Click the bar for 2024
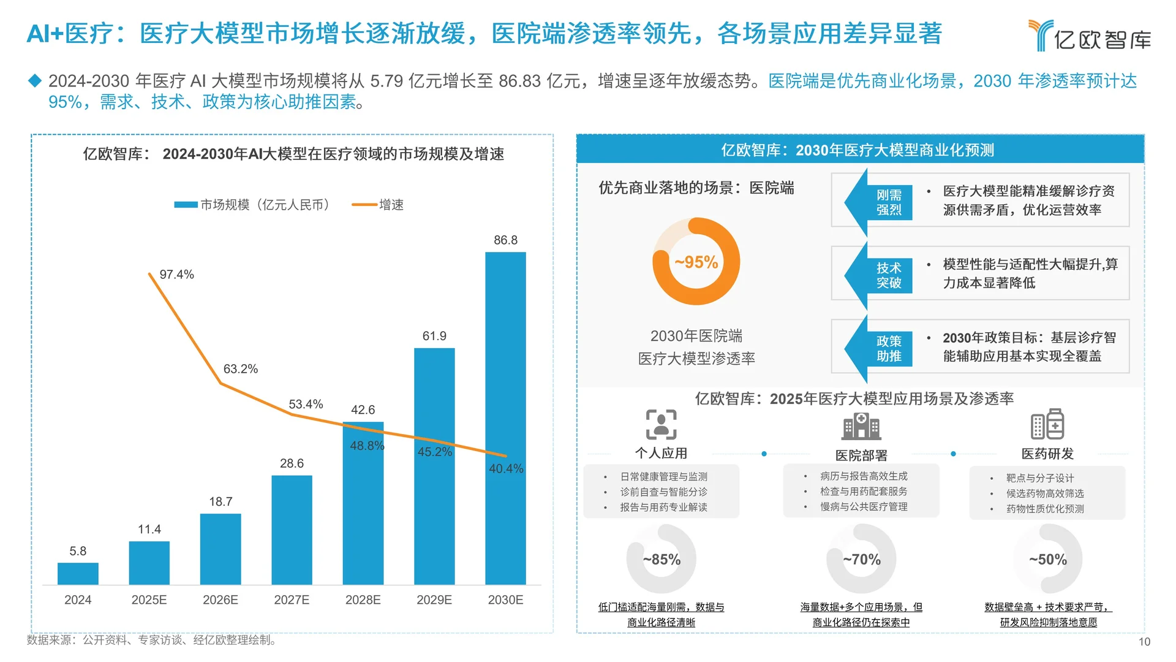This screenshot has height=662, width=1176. point(78,574)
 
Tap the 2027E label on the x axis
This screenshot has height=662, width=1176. point(292,600)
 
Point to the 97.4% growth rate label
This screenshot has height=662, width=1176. point(176,275)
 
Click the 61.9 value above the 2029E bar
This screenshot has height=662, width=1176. point(434,336)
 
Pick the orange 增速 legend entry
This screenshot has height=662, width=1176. point(378,205)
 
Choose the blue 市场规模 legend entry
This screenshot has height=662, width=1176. point(252,205)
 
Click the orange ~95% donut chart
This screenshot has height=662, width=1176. point(696,262)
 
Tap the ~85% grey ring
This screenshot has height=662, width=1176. point(661,559)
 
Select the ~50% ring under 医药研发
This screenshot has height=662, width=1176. point(1048,559)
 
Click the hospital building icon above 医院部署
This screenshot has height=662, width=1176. point(861,426)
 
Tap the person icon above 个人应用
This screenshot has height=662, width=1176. point(661,425)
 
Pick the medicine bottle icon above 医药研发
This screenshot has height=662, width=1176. point(1047,425)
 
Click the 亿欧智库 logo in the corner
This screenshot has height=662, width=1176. point(1090,36)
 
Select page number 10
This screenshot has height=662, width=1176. point(1144,642)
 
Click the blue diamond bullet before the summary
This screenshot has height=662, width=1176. point(35,80)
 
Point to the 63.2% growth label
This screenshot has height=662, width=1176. point(240,369)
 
